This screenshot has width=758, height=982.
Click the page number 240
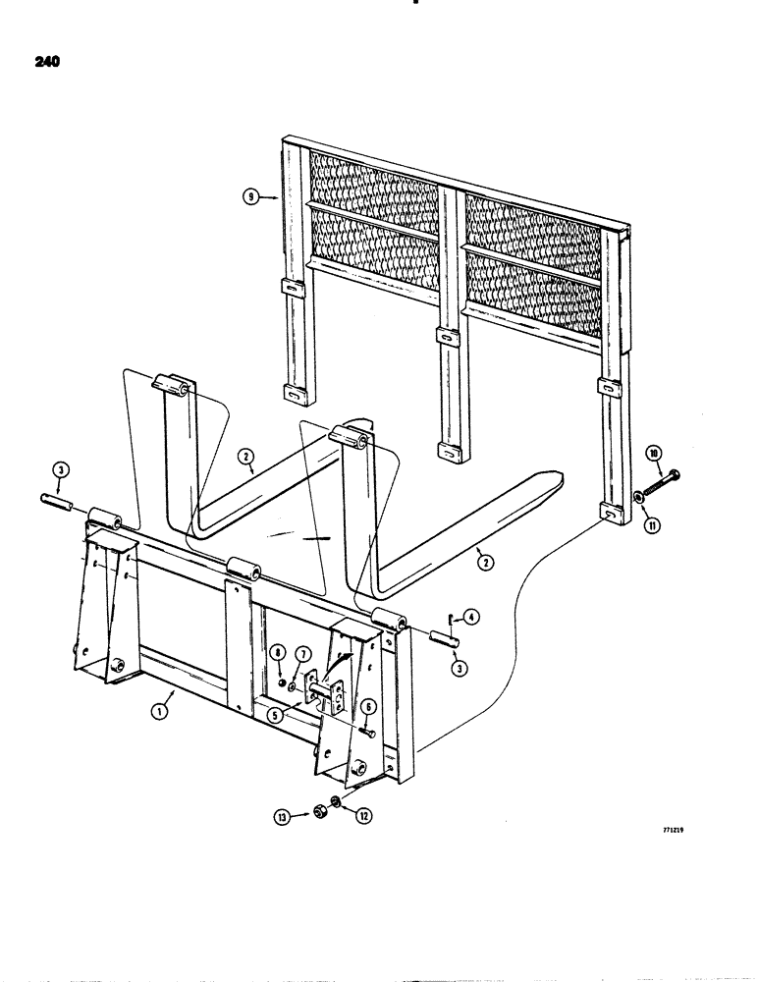point(45,61)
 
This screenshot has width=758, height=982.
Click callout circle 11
point(652,524)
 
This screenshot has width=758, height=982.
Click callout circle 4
point(472,617)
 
